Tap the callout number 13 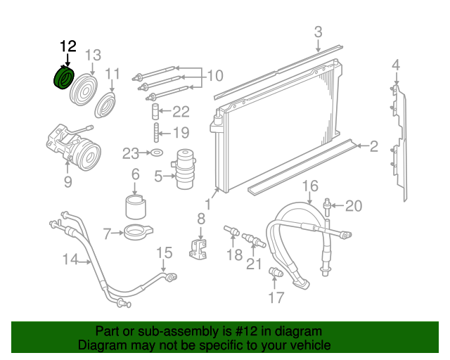(x=93, y=56)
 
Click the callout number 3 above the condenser (x=318, y=32)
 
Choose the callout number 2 (x=373, y=146)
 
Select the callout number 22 (x=181, y=111)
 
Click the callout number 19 (x=181, y=132)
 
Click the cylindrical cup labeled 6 (x=136, y=206)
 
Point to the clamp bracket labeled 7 (x=136, y=231)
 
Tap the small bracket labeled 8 (x=200, y=247)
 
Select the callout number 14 (x=70, y=259)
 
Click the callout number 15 (x=163, y=252)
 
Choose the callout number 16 (x=311, y=186)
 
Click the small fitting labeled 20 (x=328, y=206)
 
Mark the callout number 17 (x=276, y=297)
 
